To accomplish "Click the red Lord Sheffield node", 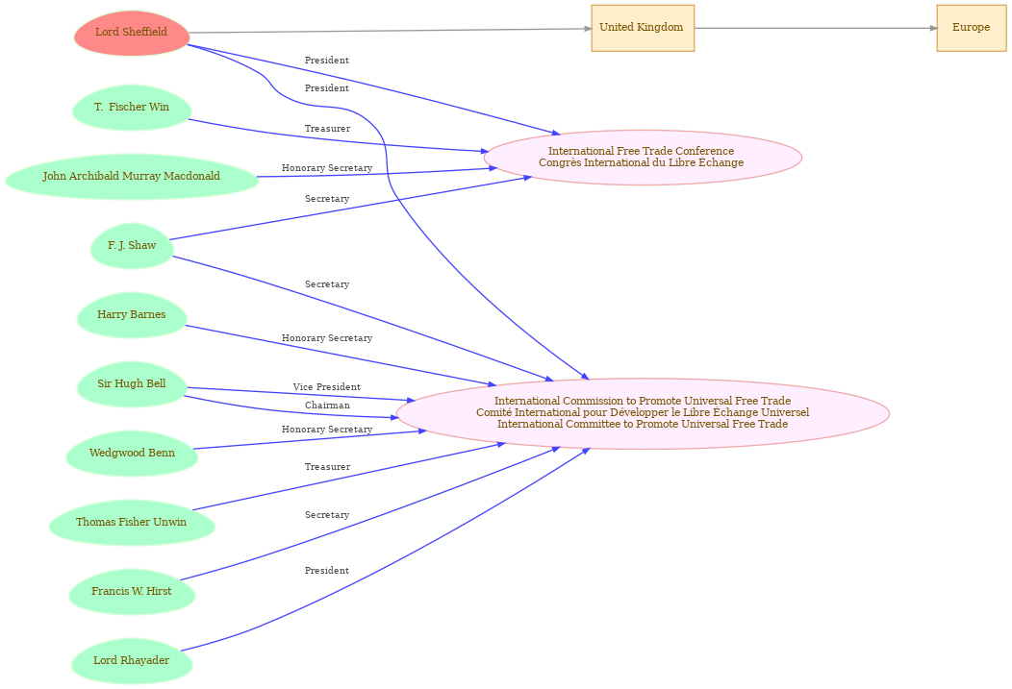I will pyautogui.click(x=132, y=33).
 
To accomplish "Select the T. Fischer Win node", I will pyautogui.click(x=132, y=108).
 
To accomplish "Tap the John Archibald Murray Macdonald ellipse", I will pyautogui.click(x=132, y=177).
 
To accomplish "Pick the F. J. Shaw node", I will pyautogui.click(x=132, y=246).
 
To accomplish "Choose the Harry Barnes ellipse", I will pyautogui.click(x=132, y=315).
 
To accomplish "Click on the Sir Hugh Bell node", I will pyautogui.click(x=132, y=384).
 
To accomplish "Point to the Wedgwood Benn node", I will pyautogui.click(x=132, y=454).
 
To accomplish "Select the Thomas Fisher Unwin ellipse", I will pyautogui.click(x=132, y=523).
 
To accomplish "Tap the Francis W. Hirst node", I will pyautogui.click(x=132, y=592).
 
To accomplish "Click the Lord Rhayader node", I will pyautogui.click(x=132, y=661).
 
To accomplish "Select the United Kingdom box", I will pyautogui.click(x=642, y=28).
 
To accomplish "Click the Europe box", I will pyautogui.click(x=971, y=28).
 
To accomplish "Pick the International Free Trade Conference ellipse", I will pyautogui.click(x=642, y=158).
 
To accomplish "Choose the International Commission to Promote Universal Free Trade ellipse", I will pyautogui.click(x=642, y=413).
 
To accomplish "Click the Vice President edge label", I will pyautogui.click(x=327, y=387).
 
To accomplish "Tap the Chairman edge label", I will pyautogui.click(x=327, y=406).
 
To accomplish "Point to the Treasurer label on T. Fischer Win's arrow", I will pyautogui.click(x=327, y=129).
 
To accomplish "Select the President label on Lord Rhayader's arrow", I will pyautogui.click(x=327, y=571).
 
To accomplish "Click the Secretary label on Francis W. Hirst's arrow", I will pyautogui.click(x=327, y=515).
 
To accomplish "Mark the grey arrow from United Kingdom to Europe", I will pyautogui.click(x=815, y=28).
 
